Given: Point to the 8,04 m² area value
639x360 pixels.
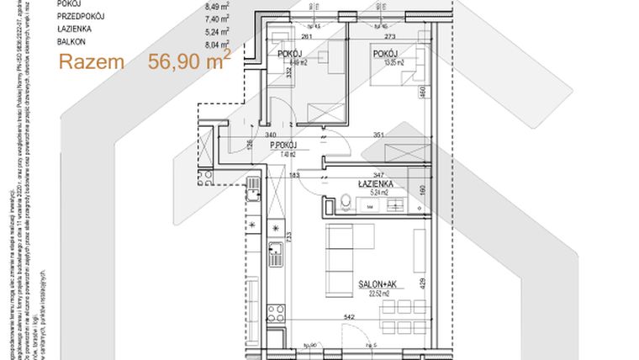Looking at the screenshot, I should pyautogui.click(x=193, y=40).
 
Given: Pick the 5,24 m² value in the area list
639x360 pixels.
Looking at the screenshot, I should pyautogui.click(x=193, y=28).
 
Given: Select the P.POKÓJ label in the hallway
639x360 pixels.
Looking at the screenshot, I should pyautogui.click(x=287, y=146).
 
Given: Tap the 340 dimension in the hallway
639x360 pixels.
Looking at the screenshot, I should pyautogui.click(x=271, y=135).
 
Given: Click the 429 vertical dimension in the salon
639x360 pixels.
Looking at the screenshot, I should pyautogui.click(x=424, y=284).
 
